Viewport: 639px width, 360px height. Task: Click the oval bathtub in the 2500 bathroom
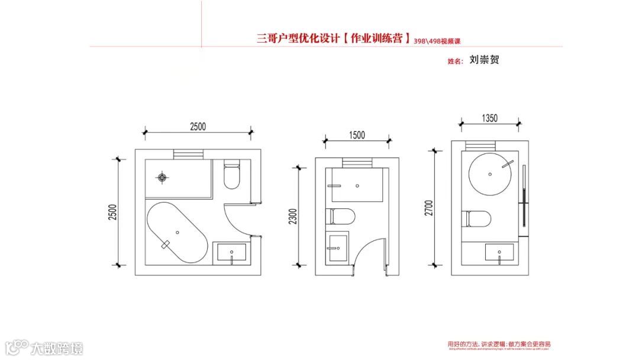point(177,233)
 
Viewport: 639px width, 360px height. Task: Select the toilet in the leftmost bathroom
point(231,175)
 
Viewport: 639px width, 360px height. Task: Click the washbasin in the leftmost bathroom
point(231,253)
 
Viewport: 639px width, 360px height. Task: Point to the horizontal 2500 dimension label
point(198,126)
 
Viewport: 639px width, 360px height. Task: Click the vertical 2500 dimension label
point(112,212)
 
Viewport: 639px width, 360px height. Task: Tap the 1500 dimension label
point(356,135)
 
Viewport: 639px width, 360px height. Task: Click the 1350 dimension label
point(490,118)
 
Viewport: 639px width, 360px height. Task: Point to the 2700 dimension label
point(429,208)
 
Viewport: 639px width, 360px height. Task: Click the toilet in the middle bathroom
point(341,216)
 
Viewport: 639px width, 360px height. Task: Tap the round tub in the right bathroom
point(489,172)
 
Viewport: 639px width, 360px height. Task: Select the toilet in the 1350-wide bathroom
point(478,219)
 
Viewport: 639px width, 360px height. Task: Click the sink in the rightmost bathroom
point(500,252)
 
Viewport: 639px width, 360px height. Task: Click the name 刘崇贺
point(484,60)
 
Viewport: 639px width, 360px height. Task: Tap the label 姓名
point(455,61)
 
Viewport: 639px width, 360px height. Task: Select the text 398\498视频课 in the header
point(437,41)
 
